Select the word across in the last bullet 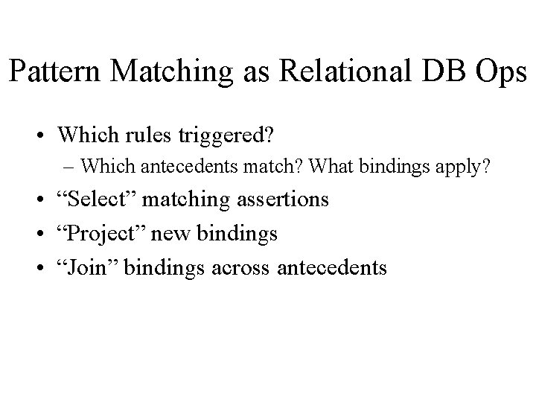coord(248,267)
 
